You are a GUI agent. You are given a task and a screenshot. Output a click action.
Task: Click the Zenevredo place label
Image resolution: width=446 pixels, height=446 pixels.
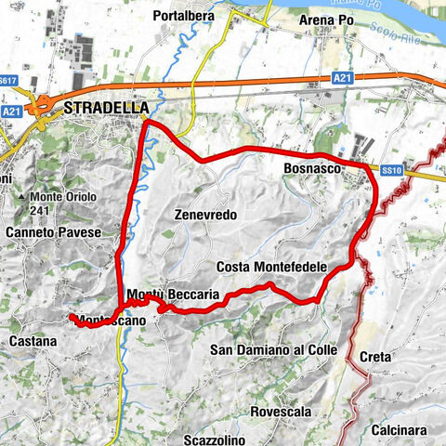205,215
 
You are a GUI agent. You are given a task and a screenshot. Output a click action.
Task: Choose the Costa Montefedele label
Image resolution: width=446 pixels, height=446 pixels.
271,267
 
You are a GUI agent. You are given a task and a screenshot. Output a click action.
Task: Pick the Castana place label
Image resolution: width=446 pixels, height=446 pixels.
33,342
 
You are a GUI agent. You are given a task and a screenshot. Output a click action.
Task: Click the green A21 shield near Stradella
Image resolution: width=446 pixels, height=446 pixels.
11,111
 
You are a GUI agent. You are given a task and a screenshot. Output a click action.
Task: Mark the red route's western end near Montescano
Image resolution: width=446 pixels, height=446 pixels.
72,318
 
